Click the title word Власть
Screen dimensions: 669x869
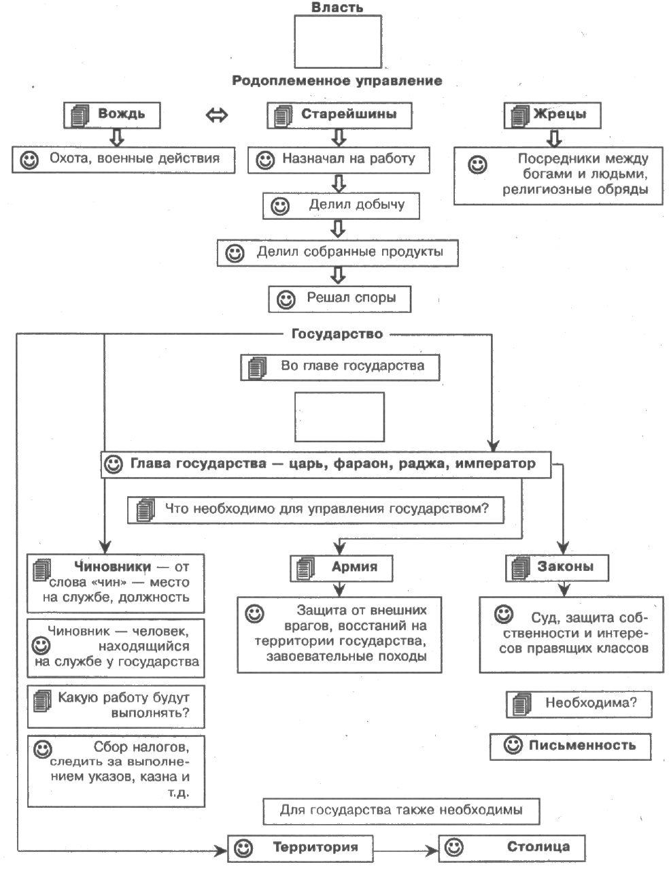337,7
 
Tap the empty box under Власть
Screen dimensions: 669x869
338,42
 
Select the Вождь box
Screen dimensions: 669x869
112,115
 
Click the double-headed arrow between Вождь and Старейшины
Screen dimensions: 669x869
216,116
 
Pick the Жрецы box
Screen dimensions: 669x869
552,115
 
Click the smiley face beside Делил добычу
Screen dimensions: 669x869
280,206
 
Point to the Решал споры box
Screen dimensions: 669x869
339,299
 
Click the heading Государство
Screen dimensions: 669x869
337,333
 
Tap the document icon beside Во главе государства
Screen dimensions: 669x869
257,368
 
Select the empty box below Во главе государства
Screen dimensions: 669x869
339,416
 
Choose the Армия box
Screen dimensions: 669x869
341,568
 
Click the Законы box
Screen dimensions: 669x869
557,568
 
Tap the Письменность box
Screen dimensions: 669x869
570,747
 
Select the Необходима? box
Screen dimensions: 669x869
579,704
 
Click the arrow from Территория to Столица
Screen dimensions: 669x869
406,851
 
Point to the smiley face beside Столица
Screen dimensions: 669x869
454,847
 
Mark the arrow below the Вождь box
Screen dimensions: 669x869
117,137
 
